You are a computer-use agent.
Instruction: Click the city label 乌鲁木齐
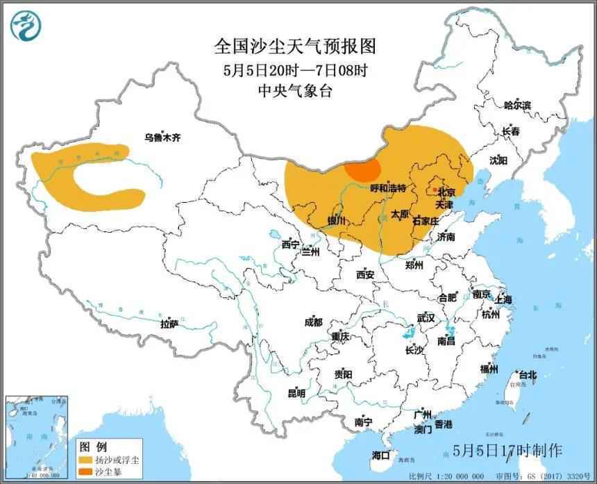pyautogui.click(x=162, y=137)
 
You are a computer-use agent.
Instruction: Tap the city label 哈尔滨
pyautogui.click(x=517, y=106)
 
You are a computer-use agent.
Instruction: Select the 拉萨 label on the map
pyautogui.click(x=169, y=324)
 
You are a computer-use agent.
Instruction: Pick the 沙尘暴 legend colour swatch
pyautogui.click(x=87, y=472)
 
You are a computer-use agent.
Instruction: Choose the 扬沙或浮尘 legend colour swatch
pyautogui.click(x=87, y=460)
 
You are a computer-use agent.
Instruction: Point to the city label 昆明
pyautogui.click(x=296, y=393)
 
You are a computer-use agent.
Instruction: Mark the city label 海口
pyautogui.click(x=380, y=456)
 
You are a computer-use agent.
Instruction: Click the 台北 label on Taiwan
pyautogui.click(x=527, y=375)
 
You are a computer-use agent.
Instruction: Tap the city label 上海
pyautogui.click(x=503, y=299)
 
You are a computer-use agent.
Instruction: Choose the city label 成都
pyautogui.click(x=313, y=322)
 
